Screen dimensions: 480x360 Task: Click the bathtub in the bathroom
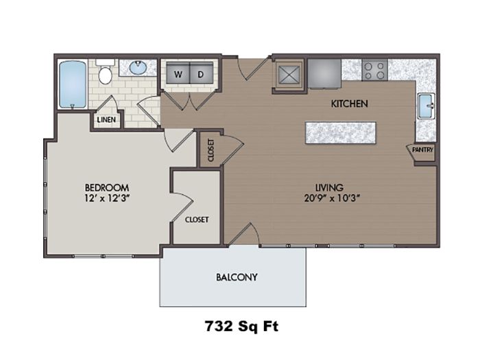pyautogui.click(x=72, y=84)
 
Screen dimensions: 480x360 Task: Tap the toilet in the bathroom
pyautogui.click(x=105, y=73)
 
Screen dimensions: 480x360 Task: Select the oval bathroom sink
pyautogui.click(x=138, y=68)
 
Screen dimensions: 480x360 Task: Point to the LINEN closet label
pyautogui.click(x=106, y=120)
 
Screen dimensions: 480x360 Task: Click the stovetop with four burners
pyautogui.click(x=374, y=70)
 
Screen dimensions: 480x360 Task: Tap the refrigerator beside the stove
pyautogui.click(x=324, y=73)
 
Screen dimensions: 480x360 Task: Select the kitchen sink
pyautogui.click(x=426, y=106)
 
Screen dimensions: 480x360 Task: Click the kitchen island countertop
pyautogui.click(x=341, y=133)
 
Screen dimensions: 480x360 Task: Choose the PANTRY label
pyautogui.click(x=423, y=150)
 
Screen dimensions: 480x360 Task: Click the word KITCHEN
pyautogui.click(x=349, y=104)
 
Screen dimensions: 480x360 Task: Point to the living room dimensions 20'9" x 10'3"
pyautogui.click(x=332, y=198)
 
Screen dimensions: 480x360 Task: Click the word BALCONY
pyautogui.click(x=237, y=277)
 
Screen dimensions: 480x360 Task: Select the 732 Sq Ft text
pyautogui.click(x=241, y=326)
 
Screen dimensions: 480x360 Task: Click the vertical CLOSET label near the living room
pyautogui.click(x=211, y=150)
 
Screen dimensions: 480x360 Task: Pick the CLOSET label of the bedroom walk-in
pyautogui.click(x=197, y=219)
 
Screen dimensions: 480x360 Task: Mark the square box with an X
pyautogui.click(x=289, y=75)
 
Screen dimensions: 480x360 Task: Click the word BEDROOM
pyautogui.click(x=107, y=187)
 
